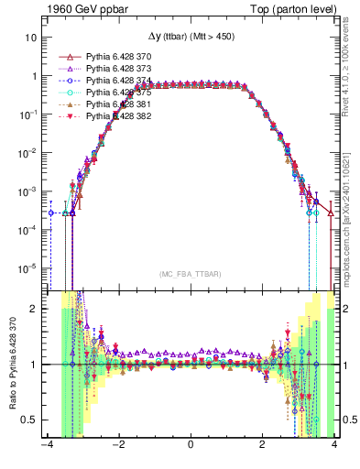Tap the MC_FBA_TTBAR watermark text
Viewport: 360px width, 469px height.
191,273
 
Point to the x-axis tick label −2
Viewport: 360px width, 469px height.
118,447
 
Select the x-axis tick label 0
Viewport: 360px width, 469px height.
191,447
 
